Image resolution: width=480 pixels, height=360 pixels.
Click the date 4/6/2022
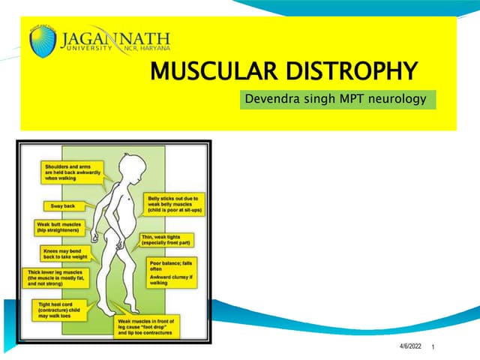point(410,344)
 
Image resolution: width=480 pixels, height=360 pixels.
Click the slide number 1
point(434,345)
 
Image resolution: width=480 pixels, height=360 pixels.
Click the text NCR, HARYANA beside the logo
point(144,48)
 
